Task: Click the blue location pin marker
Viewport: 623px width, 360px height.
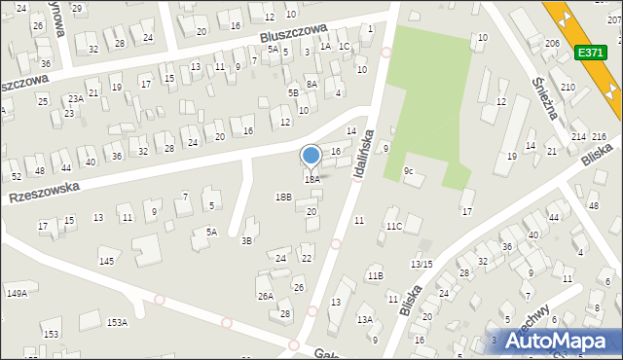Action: (x=311, y=157)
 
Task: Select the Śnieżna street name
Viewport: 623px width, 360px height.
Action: (x=544, y=69)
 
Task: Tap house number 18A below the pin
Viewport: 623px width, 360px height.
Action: (x=311, y=179)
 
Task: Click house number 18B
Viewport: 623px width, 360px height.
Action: (x=282, y=197)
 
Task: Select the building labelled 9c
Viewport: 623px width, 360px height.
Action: (x=409, y=172)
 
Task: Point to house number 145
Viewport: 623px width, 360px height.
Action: (x=106, y=262)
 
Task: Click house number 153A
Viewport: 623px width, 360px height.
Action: (x=117, y=322)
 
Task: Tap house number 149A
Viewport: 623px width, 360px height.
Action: (x=17, y=292)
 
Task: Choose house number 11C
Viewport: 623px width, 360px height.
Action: (x=393, y=227)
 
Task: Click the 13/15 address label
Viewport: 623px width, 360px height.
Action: (x=421, y=265)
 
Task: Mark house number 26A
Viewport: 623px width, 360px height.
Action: (x=265, y=296)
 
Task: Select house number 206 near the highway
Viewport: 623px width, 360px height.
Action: (x=552, y=44)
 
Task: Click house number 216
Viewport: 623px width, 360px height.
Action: (x=600, y=136)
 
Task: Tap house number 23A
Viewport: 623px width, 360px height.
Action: (x=75, y=98)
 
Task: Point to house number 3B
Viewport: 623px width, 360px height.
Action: (x=247, y=240)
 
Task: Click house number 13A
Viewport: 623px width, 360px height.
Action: (x=365, y=319)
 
